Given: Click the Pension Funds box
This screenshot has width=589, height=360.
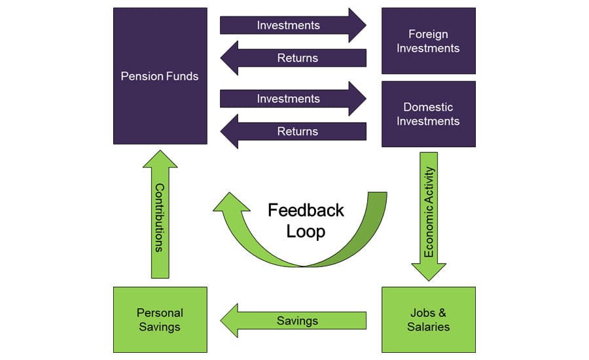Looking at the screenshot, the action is coord(160,76).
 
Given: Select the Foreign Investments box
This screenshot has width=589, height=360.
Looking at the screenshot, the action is coord(429,41).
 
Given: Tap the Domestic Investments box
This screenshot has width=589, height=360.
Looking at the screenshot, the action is coord(429,114).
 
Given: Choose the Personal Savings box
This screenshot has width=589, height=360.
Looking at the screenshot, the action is coord(160,320).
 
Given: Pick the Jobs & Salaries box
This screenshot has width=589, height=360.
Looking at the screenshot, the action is coord(429,320).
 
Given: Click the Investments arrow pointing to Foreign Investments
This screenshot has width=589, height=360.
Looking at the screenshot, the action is coord(293,25).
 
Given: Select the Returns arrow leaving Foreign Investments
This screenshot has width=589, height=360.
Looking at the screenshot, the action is coord(293,58).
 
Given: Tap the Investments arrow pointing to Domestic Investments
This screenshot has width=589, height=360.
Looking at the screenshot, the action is coord(293,98).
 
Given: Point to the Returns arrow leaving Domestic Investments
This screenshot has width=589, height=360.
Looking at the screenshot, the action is coord(293,131).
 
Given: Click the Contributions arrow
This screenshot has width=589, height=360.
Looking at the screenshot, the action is coord(160,214).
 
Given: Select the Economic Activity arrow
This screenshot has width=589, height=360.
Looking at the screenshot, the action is coord(429,217).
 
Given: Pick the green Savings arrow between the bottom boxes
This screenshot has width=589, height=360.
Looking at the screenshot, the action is coord(293,321).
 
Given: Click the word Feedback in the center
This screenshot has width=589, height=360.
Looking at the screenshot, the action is coord(306,210).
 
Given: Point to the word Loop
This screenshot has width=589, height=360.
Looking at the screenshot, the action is coord(306,232).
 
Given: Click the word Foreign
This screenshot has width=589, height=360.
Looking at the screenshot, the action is coord(428,34).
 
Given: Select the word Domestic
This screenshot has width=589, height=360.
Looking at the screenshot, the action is coord(428,107).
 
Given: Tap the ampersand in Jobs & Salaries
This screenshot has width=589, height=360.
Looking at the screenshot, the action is coord(442,312).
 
